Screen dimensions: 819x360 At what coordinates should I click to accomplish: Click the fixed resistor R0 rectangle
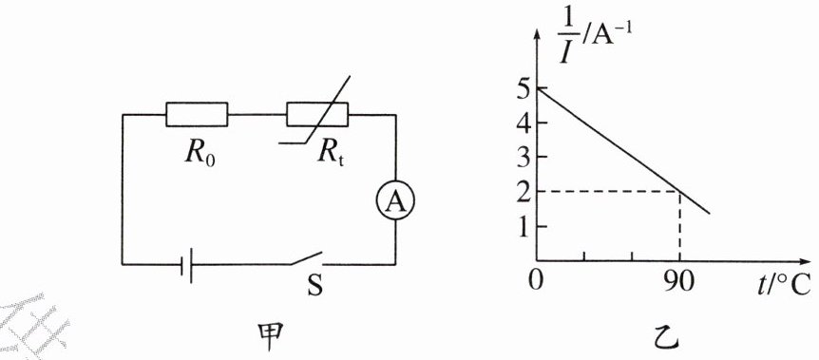click(x=197, y=114)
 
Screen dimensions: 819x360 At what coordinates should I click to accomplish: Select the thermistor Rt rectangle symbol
click(x=317, y=114)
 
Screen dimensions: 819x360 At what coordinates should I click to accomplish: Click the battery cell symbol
click(x=187, y=264)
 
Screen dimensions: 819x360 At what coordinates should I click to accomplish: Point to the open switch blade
click(x=307, y=258)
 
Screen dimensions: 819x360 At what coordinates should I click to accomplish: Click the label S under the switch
click(x=314, y=286)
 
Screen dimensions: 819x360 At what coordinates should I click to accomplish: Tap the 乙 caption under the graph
click(x=667, y=338)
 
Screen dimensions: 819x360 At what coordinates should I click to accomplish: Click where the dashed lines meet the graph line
click(x=679, y=191)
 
